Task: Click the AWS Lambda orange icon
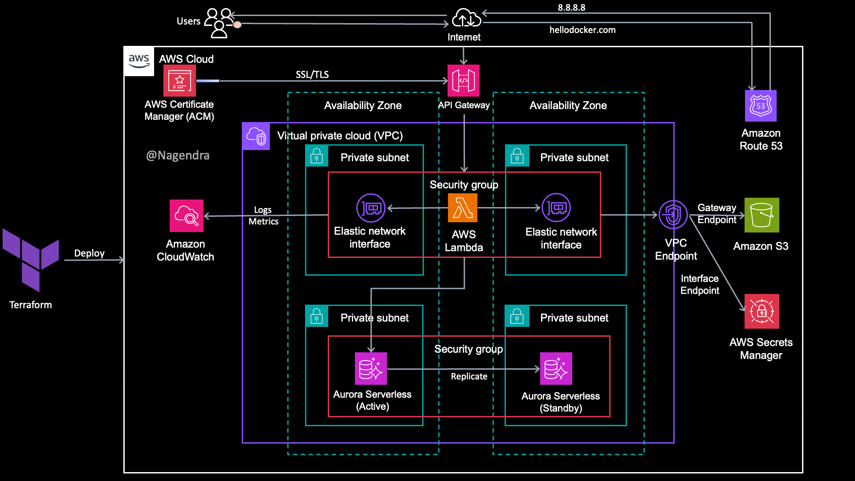(x=463, y=208)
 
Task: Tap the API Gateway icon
(x=464, y=81)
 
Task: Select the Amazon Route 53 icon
(x=761, y=106)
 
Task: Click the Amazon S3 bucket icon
(x=761, y=215)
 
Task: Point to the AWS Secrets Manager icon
(x=761, y=311)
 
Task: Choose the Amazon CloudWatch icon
(x=187, y=216)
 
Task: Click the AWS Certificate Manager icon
(x=179, y=81)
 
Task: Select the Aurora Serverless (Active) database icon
(x=371, y=369)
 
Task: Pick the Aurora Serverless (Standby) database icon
(x=556, y=369)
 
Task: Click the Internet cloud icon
(x=466, y=19)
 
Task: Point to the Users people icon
(x=219, y=23)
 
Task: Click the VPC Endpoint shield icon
(x=673, y=215)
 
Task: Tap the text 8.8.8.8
(x=571, y=8)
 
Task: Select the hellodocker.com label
(x=582, y=30)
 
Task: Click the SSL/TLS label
(x=312, y=74)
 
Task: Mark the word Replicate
(x=469, y=376)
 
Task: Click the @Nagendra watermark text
(x=178, y=155)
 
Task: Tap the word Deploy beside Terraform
(x=89, y=253)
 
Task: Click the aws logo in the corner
(x=139, y=61)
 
